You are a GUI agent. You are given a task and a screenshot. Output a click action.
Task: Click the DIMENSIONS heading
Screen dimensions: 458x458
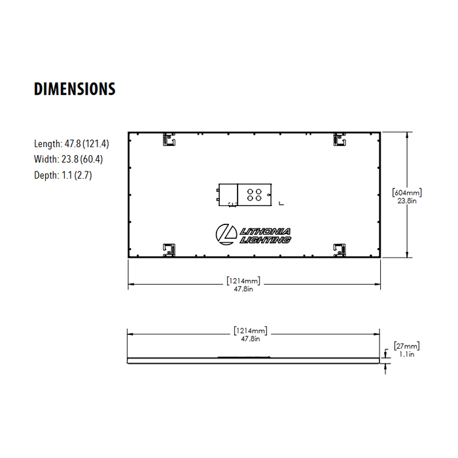point(75,89)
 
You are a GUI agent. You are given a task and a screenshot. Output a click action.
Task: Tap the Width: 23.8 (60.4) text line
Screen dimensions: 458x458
point(68,159)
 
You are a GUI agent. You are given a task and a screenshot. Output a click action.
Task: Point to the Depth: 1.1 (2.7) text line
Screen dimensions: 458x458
point(63,175)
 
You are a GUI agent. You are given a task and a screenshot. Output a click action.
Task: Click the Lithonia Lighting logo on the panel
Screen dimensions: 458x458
point(255,234)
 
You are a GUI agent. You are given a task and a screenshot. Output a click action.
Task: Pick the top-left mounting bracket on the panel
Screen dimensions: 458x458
point(169,139)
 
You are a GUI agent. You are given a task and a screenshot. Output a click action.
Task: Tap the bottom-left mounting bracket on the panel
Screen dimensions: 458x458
point(169,249)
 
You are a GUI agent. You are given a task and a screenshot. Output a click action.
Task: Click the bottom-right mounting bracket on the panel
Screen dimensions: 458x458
point(340,249)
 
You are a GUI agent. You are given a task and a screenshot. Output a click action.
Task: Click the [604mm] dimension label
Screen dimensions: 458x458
point(406,193)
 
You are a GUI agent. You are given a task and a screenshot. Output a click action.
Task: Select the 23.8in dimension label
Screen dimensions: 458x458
point(406,202)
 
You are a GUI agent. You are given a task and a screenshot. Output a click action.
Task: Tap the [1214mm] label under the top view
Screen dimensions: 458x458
point(243,280)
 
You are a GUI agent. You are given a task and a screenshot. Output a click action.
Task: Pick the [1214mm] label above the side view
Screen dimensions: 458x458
point(250,330)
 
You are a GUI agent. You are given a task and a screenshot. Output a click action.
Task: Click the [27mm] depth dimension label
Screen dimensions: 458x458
point(406,346)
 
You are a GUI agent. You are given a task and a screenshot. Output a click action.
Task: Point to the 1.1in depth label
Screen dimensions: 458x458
point(406,354)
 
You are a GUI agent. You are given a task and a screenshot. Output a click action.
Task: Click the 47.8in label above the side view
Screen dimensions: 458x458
point(250,338)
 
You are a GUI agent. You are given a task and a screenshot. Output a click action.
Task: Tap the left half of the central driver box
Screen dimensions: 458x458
point(227,194)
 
